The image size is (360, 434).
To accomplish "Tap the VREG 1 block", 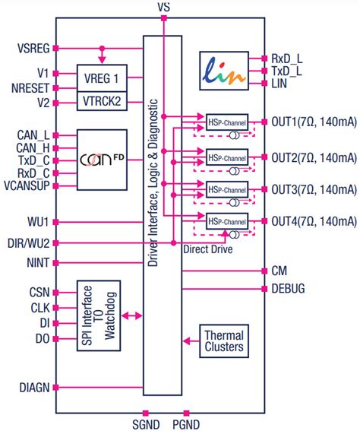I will (x=101, y=78).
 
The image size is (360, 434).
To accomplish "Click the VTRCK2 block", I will (x=101, y=100).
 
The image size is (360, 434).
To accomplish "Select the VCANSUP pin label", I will (x=28, y=185).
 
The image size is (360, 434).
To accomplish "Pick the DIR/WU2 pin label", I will (x=28, y=242).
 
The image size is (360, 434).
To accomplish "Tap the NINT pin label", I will (x=37, y=263).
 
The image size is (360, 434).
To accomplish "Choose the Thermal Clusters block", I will (x=223, y=340).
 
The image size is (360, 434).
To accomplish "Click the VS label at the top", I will (x=164, y=7).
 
